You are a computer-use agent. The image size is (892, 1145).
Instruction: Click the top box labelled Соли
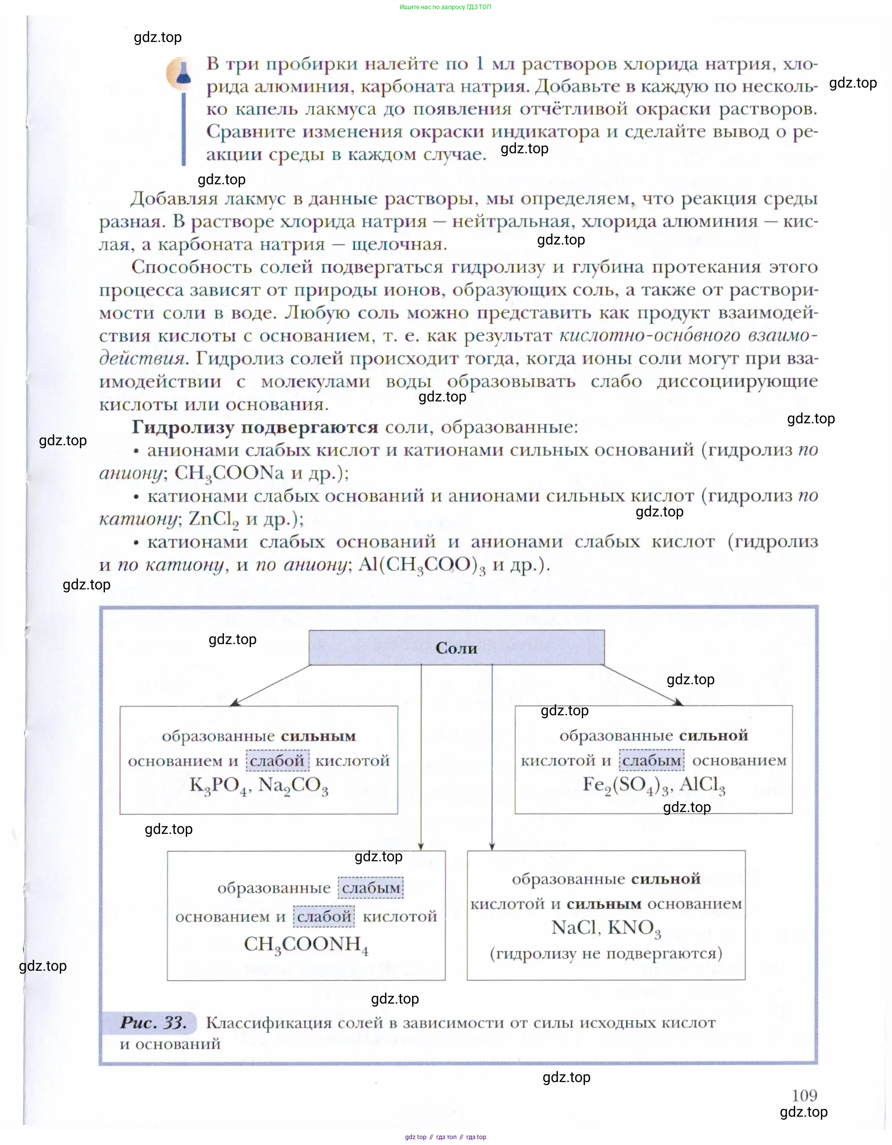pos(456,648)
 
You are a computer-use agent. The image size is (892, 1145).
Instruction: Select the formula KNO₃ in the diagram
pos(635,928)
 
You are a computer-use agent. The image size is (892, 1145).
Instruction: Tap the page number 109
pos(804,1096)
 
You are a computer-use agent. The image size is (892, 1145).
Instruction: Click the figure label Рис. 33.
pos(153,1022)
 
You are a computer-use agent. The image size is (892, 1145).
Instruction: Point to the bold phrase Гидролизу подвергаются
pos(255,427)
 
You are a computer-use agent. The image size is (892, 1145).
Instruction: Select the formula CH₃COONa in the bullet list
pos(229,474)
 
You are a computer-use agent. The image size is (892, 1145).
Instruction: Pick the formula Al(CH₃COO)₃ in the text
pos(422,565)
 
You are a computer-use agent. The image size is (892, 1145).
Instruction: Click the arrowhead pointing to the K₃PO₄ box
pos(235,703)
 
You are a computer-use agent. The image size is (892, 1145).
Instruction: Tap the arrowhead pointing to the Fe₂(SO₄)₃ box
pos(678,703)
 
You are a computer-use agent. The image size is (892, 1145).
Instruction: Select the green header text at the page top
pos(445,7)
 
